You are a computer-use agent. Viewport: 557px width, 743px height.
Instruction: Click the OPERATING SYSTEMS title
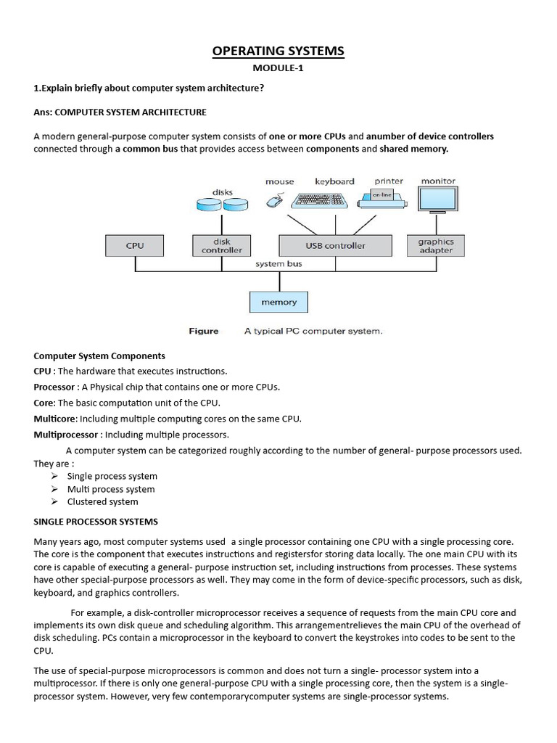278,50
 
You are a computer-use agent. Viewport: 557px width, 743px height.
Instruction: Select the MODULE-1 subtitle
278,68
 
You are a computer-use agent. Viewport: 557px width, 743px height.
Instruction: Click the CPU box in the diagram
135,246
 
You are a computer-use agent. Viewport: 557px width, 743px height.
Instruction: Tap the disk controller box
221,246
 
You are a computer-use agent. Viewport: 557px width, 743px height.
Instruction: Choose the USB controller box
335,246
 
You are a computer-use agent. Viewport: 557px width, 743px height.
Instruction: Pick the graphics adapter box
436,246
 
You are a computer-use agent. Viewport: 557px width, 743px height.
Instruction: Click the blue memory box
279,302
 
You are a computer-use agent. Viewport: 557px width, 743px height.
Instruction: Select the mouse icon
275,201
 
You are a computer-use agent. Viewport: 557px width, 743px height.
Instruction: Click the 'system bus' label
278,264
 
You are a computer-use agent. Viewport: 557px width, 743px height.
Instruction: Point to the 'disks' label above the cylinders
222,192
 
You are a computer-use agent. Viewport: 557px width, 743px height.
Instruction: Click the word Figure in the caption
204,331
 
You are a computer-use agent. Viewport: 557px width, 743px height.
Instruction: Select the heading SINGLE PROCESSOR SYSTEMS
96,522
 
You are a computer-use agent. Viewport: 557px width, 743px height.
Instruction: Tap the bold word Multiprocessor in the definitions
65,435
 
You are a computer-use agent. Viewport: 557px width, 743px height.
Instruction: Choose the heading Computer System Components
99,356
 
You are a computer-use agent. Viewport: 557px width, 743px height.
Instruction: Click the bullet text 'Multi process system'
111,489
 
